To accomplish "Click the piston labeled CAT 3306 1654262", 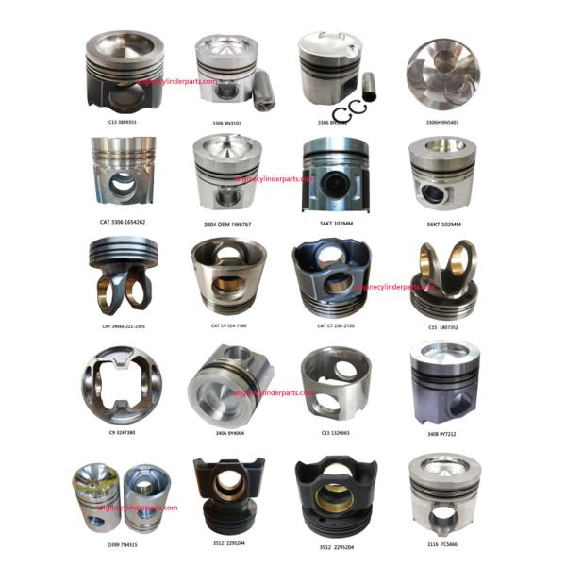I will [x=123, y=173].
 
